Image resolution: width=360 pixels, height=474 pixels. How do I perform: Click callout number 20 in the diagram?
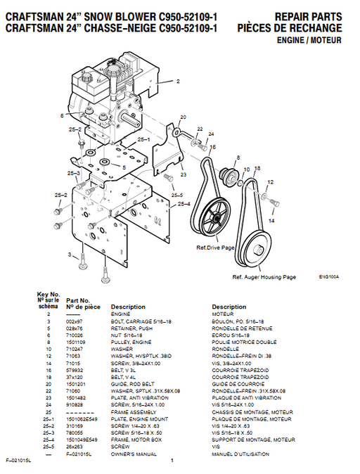click(183, 117)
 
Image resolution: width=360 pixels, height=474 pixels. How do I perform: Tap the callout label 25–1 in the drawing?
click(144, 140)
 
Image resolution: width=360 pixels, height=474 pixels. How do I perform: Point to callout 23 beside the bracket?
click(183, 175)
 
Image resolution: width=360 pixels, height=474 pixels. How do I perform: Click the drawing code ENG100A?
click(328, 276)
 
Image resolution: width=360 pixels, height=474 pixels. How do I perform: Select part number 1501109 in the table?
click(77, 340)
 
